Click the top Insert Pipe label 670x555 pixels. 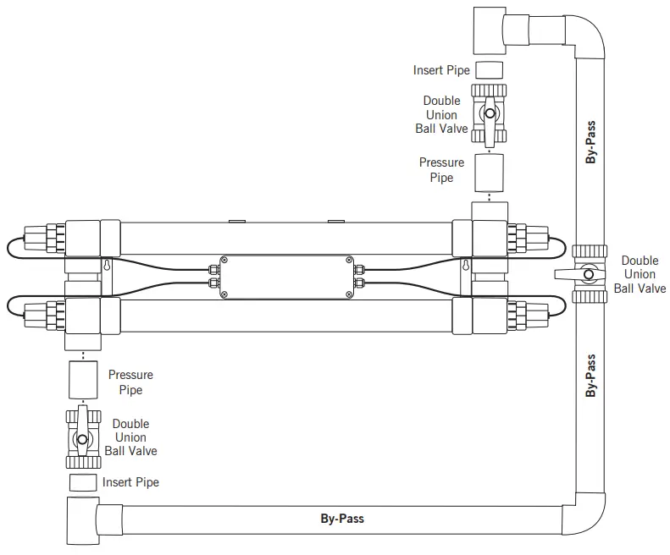tap(440, 70)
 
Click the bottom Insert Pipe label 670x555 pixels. tap(130, 482)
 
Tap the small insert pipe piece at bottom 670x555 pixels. tap(82, 483)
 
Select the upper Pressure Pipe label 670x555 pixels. tap(441, 170)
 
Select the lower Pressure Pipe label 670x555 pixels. tap(130, 382)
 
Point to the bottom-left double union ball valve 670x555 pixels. tap(82, 438)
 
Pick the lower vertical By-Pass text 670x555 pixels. tap(591, 376)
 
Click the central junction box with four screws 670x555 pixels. tap(285, 277)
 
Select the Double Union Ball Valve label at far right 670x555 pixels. tap(640, 274)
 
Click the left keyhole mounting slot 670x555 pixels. tap(108, 266)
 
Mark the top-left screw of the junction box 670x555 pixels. tap(224, 260)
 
